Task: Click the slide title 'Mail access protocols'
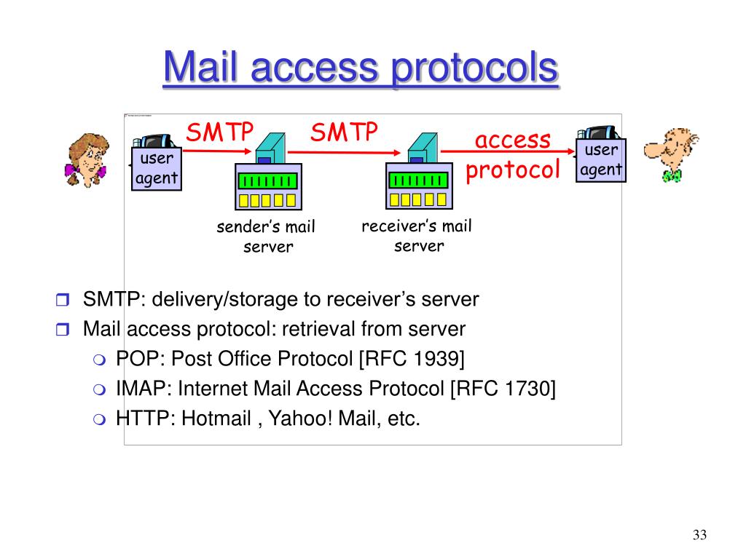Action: click(x=361, y=69)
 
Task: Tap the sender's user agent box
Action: click(x=156, y=168)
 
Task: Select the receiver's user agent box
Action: click(x=601, y=160)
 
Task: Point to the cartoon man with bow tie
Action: click(x=670, y=154)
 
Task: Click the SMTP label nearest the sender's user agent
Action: click(x=219, y=133)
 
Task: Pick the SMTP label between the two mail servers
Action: click(x=345, y=132)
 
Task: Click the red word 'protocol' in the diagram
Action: click(x=513, y=170)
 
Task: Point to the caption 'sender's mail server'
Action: click(x=266, y=237)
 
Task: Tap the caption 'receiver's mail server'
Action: click(x=417, y=236)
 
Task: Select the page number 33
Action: click(x=699, y=536)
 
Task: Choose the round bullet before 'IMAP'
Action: click(x=100, y=389)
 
